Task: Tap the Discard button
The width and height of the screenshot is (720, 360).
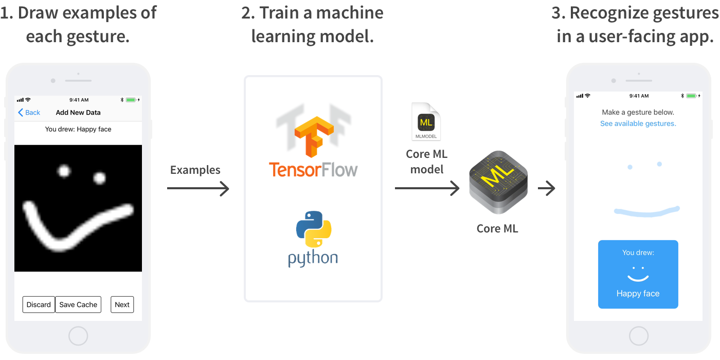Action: point(39,304)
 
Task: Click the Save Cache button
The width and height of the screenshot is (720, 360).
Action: point(78,304)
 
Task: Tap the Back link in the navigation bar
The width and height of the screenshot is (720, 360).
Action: point(29,113)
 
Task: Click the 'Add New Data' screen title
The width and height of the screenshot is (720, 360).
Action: point(78,113)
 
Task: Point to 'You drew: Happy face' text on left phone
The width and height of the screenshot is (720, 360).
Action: point(78,129)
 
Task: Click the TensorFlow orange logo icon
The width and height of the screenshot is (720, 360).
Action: point(313,136)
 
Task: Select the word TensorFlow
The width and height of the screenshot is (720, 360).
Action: point(313,169)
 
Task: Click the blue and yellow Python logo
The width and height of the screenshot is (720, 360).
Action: point(314,229)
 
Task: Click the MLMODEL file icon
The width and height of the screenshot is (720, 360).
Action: point(426,122)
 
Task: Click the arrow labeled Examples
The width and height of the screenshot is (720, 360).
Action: point(198,189)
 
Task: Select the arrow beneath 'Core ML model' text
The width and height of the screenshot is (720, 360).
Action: point(427,189)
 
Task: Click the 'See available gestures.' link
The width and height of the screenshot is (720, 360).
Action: point(638,123)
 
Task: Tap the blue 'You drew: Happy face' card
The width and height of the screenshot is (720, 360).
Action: point(638,274)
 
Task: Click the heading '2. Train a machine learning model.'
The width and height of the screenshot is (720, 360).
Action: point(313,24)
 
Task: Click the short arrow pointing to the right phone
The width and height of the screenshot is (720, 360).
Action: point(547,189)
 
